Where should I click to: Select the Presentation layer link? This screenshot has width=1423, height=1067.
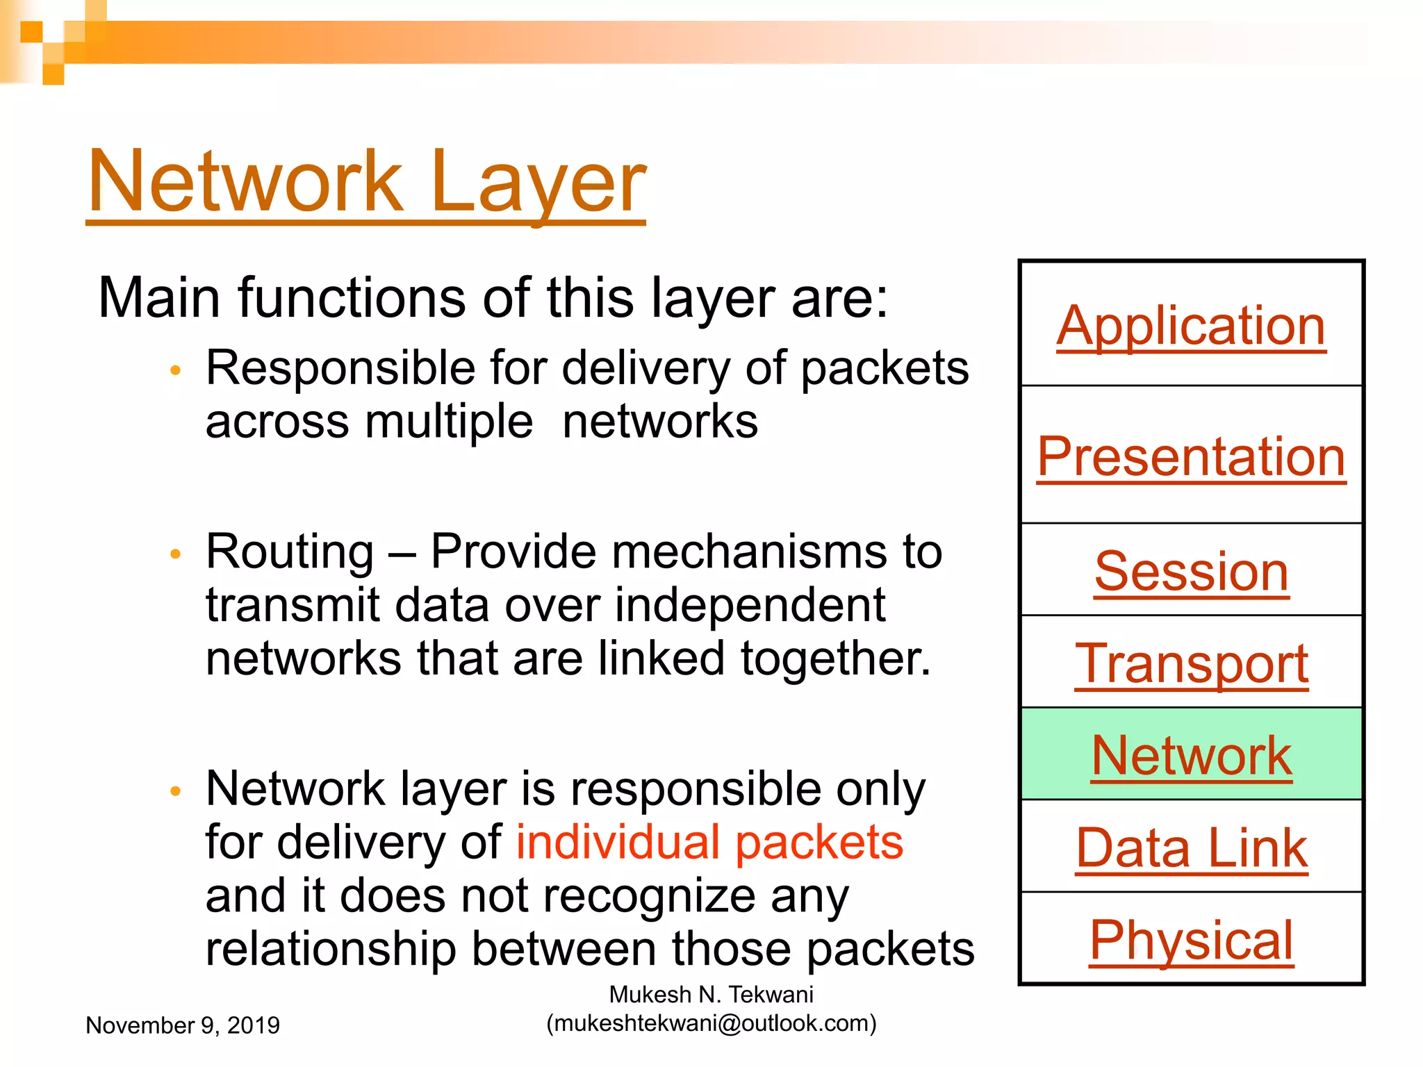1191,456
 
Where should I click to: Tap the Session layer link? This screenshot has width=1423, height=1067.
1191,571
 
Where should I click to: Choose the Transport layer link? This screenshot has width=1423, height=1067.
1191,663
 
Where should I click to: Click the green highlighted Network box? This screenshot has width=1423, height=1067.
1191,755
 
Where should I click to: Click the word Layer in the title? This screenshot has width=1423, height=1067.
538,182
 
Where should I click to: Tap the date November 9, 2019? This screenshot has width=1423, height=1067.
182,1025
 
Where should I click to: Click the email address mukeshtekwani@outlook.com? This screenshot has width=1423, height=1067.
711,1023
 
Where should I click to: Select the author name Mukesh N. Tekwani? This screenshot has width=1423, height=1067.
711,995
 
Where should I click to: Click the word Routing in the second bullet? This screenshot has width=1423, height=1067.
290,552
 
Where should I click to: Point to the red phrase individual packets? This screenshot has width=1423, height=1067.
709,842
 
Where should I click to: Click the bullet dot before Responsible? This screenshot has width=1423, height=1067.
175,371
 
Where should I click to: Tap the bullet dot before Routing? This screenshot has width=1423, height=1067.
175,554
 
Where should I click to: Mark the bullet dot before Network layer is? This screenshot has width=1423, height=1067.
175,791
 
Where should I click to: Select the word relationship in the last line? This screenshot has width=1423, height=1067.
331,949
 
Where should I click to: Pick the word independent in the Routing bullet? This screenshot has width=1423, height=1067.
750,605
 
